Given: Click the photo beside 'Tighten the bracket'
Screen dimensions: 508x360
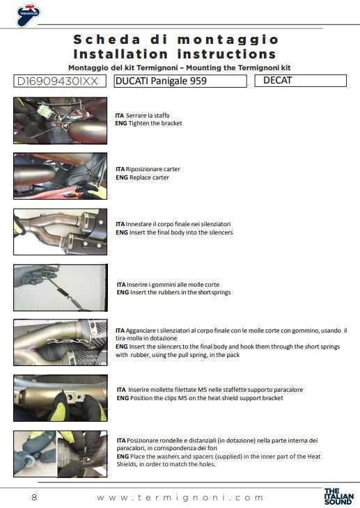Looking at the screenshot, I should (x=60, y=118).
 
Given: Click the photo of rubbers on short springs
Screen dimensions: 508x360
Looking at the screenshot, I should (x=60, y=287).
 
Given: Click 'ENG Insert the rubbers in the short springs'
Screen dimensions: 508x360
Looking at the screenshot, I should (x=173, y=292).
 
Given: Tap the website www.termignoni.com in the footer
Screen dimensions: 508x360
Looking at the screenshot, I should (x=180, y=498).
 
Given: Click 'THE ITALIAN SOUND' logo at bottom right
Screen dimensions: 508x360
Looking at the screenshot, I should (x=338, y=495).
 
